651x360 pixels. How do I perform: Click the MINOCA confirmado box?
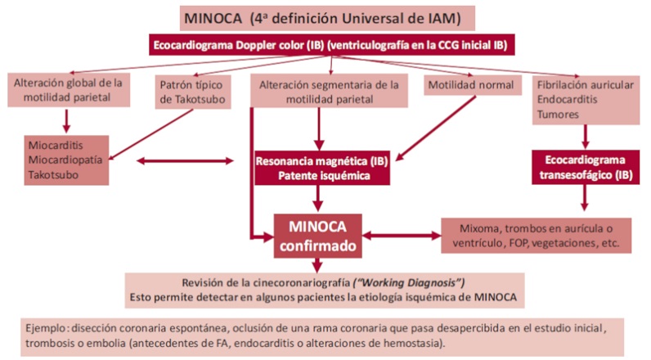click(317, 234)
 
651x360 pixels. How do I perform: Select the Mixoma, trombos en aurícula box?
click(537, 234)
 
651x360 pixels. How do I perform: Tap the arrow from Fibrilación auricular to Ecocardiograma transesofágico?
click(583, 134)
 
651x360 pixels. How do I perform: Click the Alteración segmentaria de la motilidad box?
click(329, 92)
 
